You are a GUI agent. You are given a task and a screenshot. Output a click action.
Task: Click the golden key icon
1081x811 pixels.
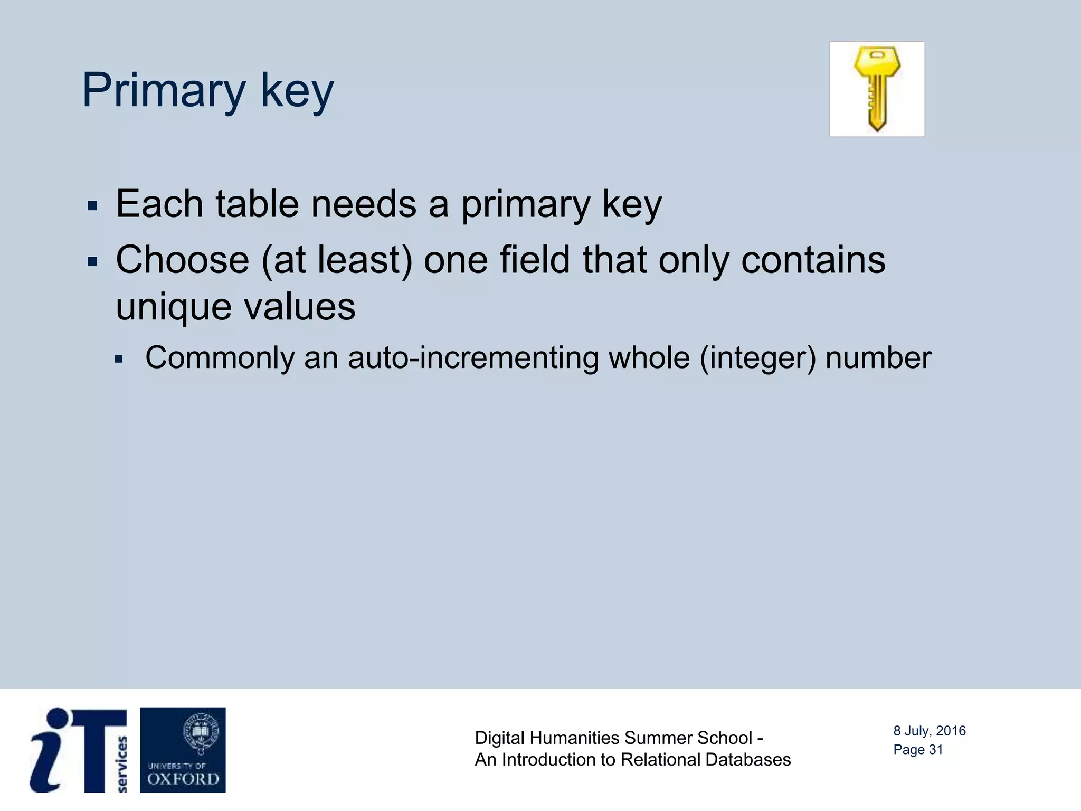tap(877, 89)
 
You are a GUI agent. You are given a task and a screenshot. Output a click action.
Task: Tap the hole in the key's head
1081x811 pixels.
tap(877, 55)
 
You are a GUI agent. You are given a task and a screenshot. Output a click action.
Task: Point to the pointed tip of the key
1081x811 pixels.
tap(877, 128)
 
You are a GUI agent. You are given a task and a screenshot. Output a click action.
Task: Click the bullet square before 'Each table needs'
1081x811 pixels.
tap(93, 206)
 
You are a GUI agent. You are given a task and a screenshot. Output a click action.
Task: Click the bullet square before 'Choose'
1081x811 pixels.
tap(93, 262)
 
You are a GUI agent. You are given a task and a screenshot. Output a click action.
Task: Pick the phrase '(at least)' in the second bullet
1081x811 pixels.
tap(337, 260)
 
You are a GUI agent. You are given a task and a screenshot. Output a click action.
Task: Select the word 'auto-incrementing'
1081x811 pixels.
tap(473, 358)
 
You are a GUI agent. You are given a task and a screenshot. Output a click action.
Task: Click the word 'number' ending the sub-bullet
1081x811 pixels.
tap(878, 358)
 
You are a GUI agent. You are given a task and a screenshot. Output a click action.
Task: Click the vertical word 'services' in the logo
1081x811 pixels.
tap(122, 764)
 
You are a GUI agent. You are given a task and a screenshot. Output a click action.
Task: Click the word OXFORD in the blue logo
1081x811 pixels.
tap(183, 779)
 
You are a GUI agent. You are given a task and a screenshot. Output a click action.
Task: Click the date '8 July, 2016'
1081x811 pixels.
tap(929, 731)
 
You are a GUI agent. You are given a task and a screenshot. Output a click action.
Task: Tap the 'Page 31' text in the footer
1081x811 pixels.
tap(918, 750)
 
